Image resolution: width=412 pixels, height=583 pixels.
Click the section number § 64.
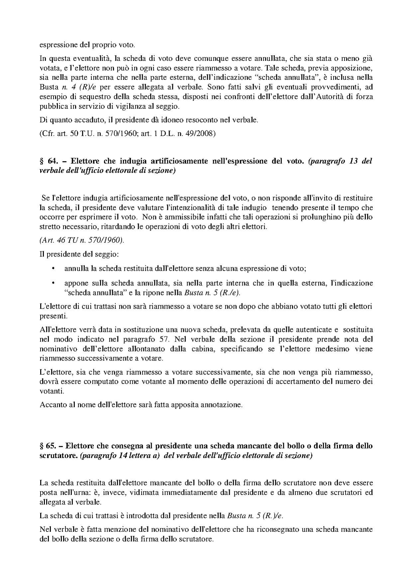tap(48, 161)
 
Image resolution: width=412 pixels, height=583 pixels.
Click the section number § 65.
tap(48, 446)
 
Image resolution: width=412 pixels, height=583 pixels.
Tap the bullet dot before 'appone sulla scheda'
tap(53, 283)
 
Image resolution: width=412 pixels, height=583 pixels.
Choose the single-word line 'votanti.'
tap(52, 391)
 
